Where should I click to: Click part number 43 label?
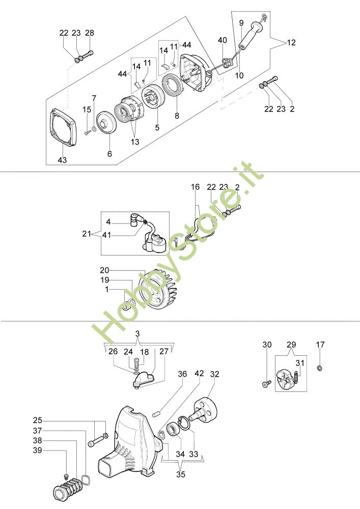(x=62, y=160)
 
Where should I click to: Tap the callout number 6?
(x=109, y=153)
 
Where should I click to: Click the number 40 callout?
(x=223, y=40)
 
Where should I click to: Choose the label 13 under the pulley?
(x=135, y=142)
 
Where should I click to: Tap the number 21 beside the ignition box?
(x=87, y=234)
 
